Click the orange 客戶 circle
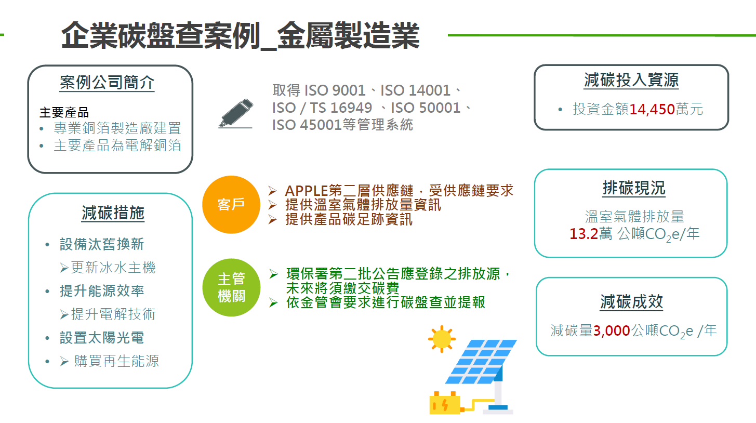(231, 205)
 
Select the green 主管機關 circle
(231, 287)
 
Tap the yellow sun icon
(442, 339)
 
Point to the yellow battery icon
(444, 403)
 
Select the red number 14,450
(652, 109)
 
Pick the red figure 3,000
(612, 331)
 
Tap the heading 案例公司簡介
(107, 83)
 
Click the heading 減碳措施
(113, 213)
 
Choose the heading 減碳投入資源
(631, 80)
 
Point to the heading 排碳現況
(634, 188)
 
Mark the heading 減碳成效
(631, 302)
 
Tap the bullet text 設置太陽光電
(102, 338)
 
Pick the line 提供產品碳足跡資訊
(349, 219)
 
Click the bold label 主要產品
(64, 113)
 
